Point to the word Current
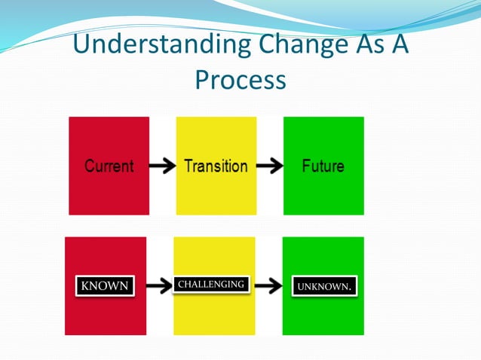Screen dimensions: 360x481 [109, 166]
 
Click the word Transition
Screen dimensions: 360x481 [216, 166]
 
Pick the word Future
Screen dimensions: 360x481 [323, 166]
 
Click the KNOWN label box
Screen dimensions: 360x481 [105, 286]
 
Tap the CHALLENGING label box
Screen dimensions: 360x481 [210, 285]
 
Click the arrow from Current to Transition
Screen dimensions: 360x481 [162, 166]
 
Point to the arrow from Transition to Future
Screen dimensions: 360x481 [269, 166]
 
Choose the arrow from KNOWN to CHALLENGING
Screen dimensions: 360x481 [158, 286]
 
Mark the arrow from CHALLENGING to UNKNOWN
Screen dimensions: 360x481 [268, 286]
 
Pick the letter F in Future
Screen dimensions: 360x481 [305, 166]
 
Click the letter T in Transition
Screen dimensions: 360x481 [188, 166]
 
